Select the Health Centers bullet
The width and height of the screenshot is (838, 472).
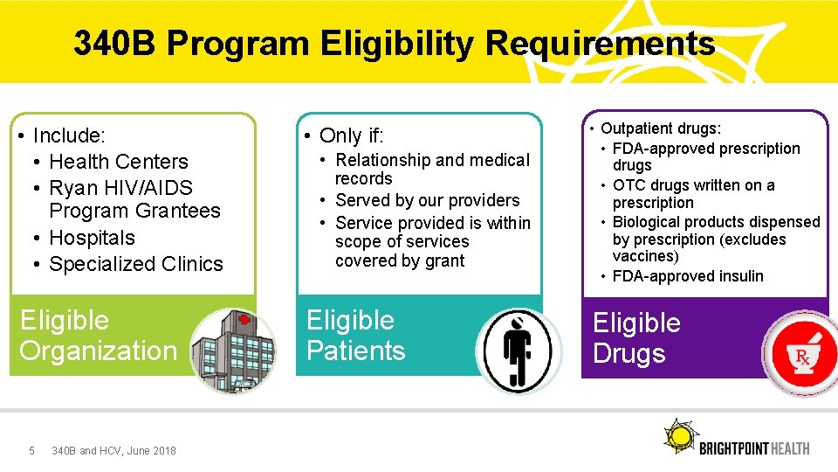[119, 162]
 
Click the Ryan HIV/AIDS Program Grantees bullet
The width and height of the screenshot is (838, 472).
[134, 199]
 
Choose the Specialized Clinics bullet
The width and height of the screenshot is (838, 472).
[136, 264]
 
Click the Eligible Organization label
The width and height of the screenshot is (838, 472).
[98, 336]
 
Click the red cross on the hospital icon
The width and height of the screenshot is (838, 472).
[244, 322]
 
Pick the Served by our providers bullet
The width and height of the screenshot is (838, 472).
[427, 200]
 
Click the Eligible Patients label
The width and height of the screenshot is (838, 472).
[355, 336]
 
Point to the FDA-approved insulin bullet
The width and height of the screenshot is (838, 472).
[688, 276]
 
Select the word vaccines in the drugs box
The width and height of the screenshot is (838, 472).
[645, 256]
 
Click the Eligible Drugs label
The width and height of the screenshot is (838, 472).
[636, 338]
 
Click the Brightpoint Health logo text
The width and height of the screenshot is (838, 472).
[754, 448]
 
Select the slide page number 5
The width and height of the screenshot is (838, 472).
[32, 451]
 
